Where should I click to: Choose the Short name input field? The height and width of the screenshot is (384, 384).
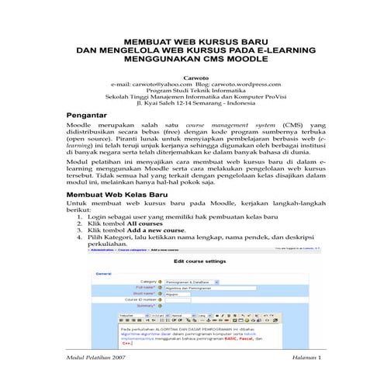click(x=176, y=293)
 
